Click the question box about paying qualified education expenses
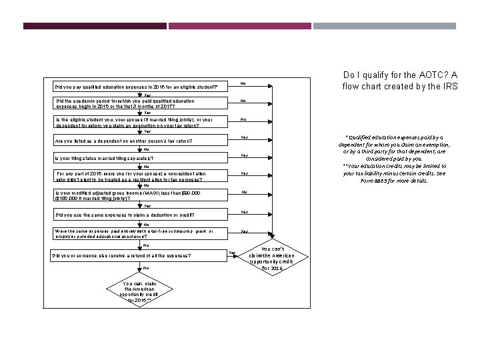(138, 87)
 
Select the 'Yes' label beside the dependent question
(243, 138)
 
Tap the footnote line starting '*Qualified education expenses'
(400, 137)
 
